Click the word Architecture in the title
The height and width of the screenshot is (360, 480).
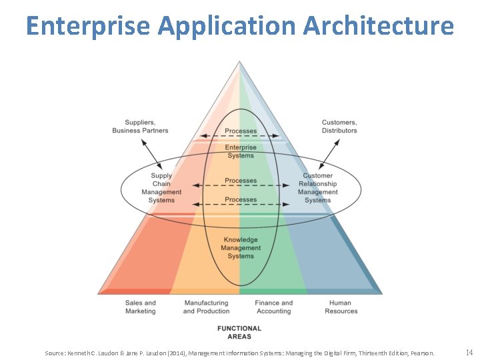tap(379, 25)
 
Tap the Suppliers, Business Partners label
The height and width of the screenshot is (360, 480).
tap(140, 126)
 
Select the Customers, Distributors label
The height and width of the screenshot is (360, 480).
tap(339, 126)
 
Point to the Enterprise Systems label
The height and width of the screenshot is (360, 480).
tap(241, 151)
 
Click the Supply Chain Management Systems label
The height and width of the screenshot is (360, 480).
tap(161, 188)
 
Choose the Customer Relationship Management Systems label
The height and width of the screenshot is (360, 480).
tap(318, 188)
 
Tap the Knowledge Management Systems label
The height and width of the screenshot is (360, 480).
tap(241, 247)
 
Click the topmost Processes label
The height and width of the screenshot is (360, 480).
tap(241, 131)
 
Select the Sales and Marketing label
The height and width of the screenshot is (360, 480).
tap(140, 307)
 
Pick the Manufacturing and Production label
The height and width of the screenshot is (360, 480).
tap(206, 307)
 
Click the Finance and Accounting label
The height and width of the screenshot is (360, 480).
tap(273, 307)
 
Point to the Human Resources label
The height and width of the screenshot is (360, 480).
tap(341, 307)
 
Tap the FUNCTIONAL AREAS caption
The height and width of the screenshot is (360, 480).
tap(239, 332)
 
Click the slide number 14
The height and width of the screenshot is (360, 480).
tap(469, 352)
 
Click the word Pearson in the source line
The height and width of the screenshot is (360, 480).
tap(421, 353)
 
